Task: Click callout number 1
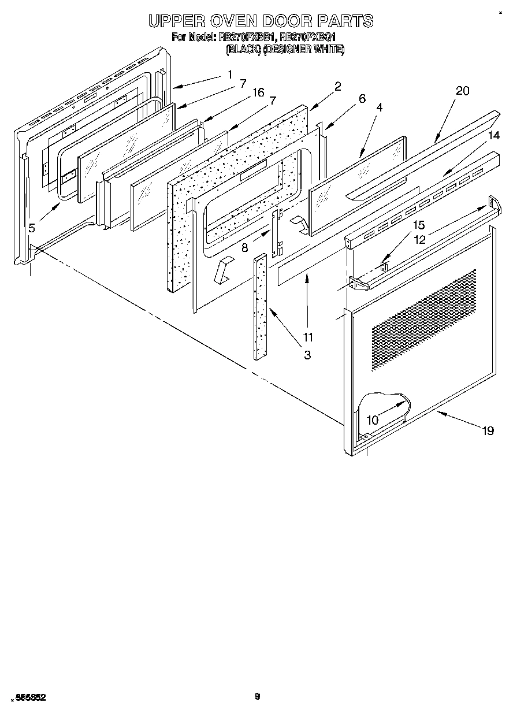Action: tap(229, 74)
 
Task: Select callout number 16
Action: tap(258, 92)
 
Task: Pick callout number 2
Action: tap(337, 87)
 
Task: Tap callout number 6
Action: tap(362, 99)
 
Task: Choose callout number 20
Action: tap(462, 91)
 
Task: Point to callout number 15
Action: tap(418, 225)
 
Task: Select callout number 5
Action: tap(32, 228)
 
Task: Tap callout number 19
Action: tap(488, 430)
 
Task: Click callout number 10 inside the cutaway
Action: tap(373, 420)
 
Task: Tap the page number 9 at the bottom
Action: tap(258, 696)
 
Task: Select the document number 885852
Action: tap(29, 697)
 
